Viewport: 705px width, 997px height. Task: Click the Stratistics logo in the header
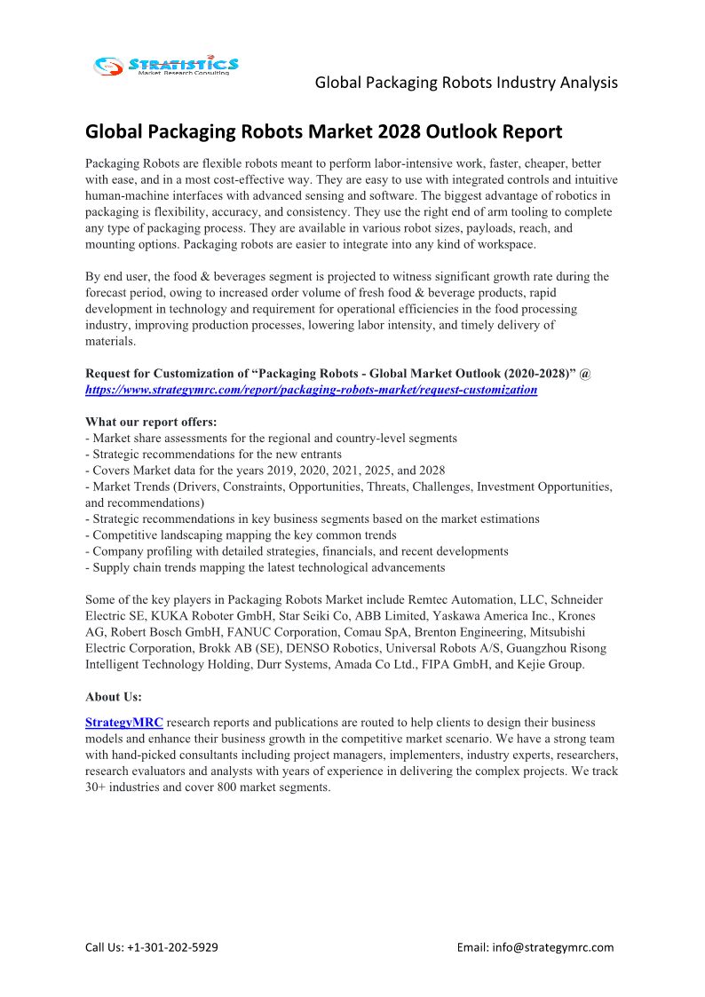click(x=166, y=65)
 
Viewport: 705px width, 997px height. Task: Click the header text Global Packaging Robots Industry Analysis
click(x=466, y=83)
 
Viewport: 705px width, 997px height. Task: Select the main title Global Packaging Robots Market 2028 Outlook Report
click(x=323, y=132)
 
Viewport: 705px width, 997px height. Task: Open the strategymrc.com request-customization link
click(x=311, y=390)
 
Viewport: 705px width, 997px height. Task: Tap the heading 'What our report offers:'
click(x=151, y=422)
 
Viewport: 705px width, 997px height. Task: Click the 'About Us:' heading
click(x=114, y=697)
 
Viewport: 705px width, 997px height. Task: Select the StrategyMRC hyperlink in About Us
click(x=124, y=723)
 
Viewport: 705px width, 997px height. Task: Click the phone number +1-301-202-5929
click(x=173, y=947)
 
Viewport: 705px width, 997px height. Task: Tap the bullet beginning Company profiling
click(x=297, y=551)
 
